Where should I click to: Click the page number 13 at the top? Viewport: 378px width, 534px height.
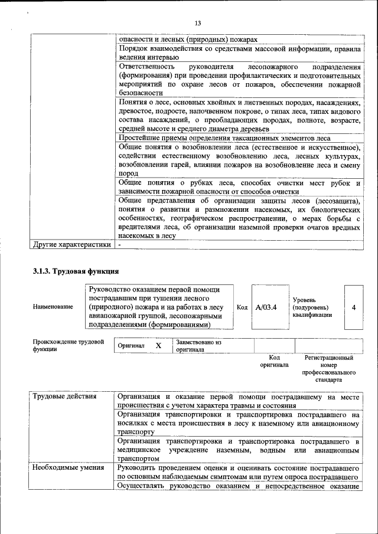[198, 23]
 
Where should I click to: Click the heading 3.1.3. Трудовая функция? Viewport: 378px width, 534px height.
[76, 271]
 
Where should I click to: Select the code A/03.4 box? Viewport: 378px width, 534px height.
[266, 307]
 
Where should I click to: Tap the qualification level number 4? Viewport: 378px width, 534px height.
[353, 307]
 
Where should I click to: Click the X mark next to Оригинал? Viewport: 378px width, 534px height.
[158, 346]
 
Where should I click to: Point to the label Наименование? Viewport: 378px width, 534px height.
[54, 307]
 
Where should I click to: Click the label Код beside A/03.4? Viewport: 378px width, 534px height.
[242, 307]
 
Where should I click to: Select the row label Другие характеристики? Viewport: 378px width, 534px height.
[72, 244]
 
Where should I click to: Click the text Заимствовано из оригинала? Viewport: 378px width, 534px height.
[198, 346]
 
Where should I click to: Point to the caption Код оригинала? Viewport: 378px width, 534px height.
[274, 361]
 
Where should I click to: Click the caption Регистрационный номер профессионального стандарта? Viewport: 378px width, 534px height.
[329, 369]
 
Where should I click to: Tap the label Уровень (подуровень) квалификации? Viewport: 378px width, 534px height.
[311, 307]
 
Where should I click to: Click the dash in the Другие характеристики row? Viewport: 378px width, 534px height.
[119, 244]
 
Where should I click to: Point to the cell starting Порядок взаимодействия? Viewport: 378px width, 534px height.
[239, 53]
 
